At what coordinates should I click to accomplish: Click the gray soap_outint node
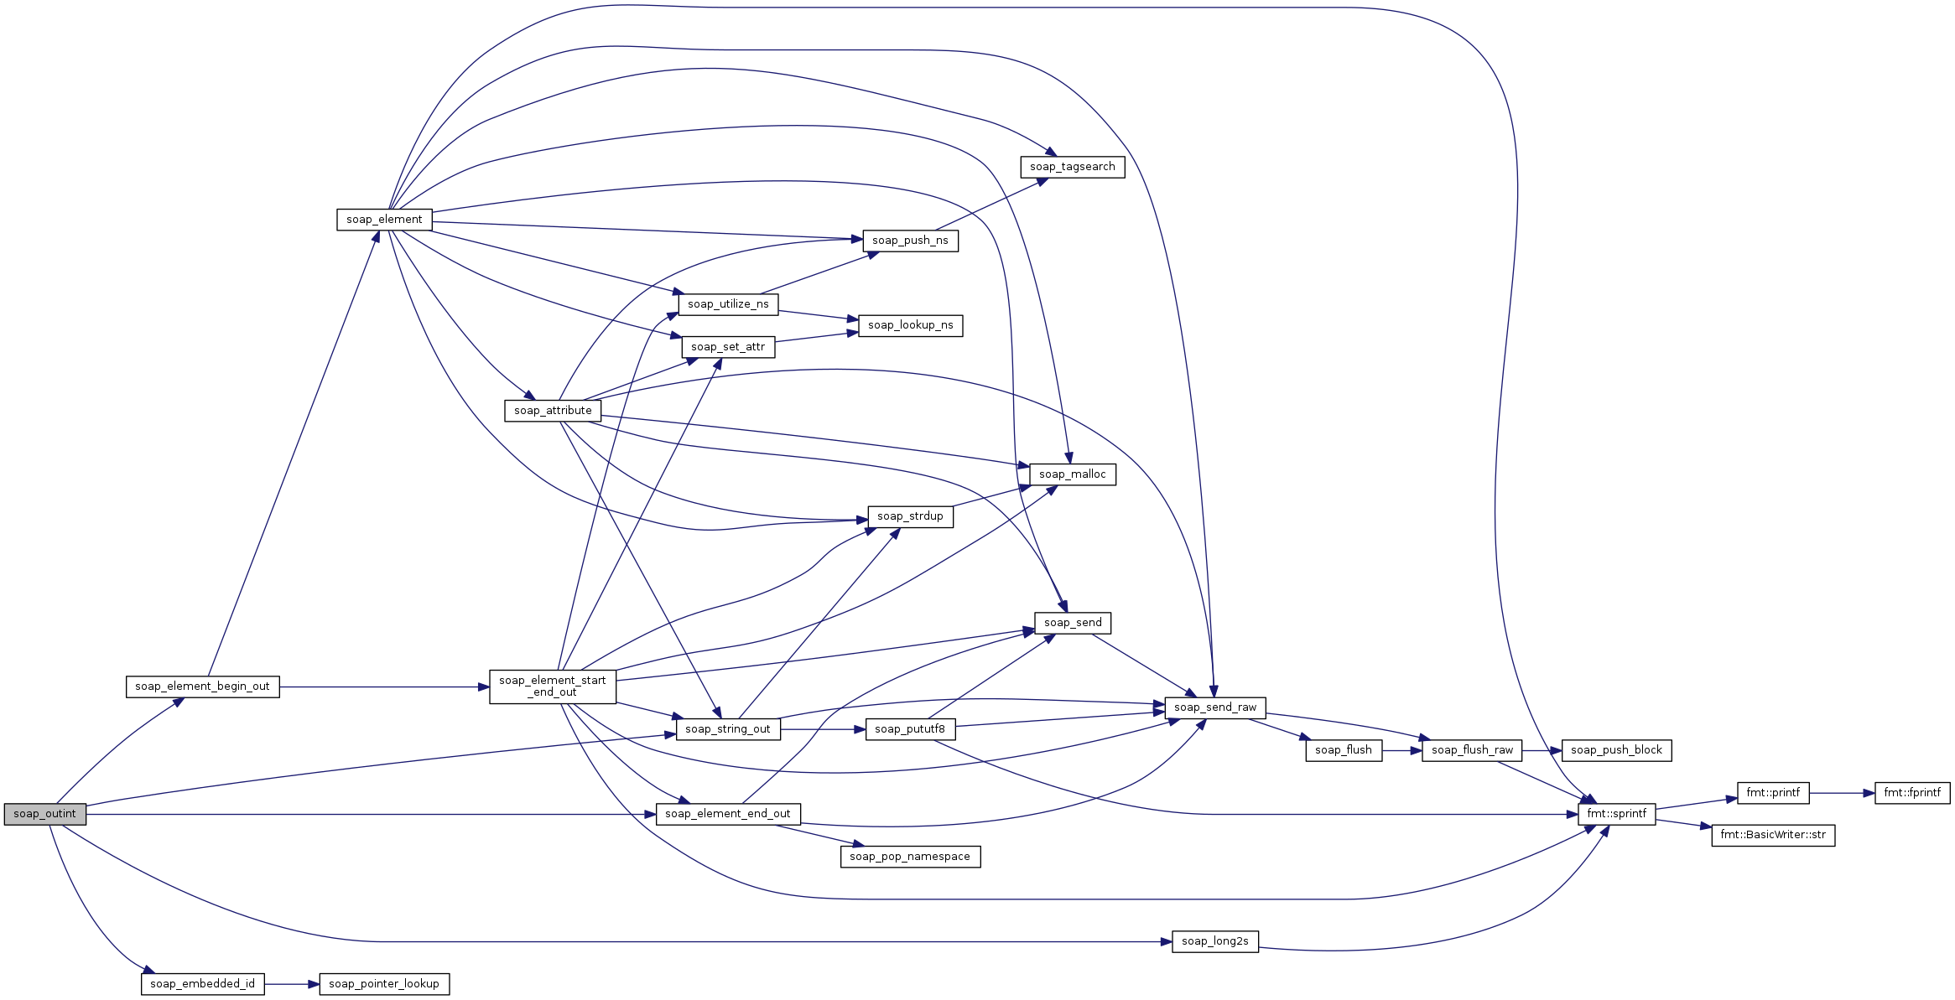pos(45,814)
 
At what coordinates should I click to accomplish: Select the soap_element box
pos(384,220)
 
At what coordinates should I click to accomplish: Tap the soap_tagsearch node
pos(1073,167)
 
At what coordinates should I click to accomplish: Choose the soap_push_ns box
pos(910,241)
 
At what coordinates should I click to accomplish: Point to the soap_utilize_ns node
pos(728,304)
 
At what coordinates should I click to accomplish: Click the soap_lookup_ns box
pos(910,325)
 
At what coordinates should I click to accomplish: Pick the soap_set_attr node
pos(728,347)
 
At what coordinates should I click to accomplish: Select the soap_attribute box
pos(553,411)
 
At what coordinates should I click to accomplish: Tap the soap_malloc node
pos(1073,474)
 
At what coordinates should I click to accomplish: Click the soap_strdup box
pos(910,516)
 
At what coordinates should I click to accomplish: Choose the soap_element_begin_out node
pos(202,687)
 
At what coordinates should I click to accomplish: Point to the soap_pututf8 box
pos(910,729)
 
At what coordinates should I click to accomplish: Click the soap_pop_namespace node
pos(910,857)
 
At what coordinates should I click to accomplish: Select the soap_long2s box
pos(1215,941)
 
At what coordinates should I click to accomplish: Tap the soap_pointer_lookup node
pos(384,984)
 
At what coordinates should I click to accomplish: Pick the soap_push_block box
pos(1616,750)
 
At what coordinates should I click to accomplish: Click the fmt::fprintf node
pos(1912,793)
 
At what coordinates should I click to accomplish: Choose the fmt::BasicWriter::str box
pos(1773,835)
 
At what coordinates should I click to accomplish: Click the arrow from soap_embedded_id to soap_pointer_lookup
pos(292,984)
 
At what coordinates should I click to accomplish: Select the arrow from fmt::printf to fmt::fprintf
pos(1842,793)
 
